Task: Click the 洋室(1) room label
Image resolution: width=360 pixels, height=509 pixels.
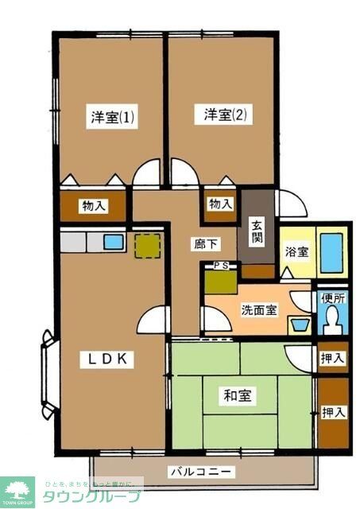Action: [x=111, y=117]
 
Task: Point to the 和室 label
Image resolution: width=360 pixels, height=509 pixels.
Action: [x=238, y=395]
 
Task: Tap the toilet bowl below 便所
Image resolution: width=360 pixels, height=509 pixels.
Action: [x=331, y=321]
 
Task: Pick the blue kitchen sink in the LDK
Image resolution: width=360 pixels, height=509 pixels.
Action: [x=113, y=241]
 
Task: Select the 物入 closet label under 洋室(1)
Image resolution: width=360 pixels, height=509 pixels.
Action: [x=93, y=206]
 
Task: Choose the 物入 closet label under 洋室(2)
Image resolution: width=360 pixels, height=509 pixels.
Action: [x=220, y=204]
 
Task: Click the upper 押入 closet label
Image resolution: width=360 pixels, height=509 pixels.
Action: [x=333, y=359]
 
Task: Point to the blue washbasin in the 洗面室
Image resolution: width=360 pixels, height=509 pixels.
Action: [x=300, y=325]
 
